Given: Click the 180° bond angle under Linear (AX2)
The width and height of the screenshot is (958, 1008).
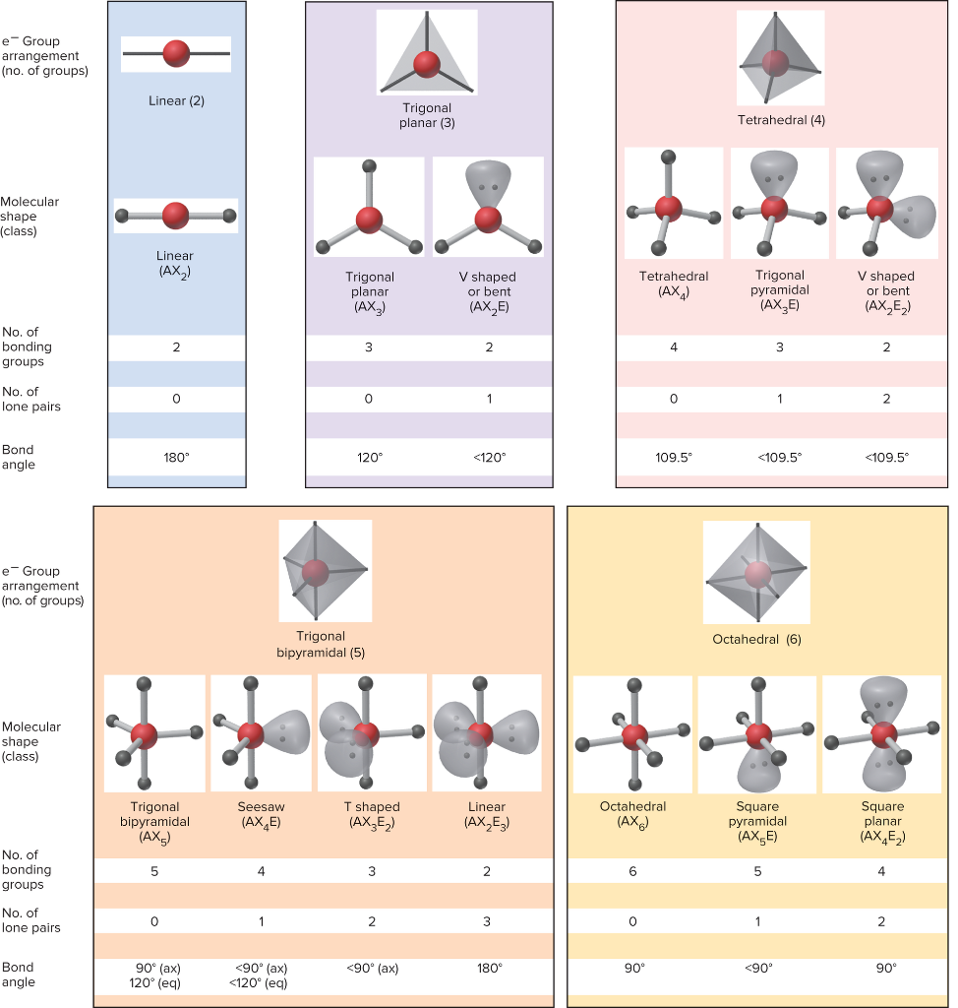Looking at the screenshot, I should pyautogui.click(x=176, y=457).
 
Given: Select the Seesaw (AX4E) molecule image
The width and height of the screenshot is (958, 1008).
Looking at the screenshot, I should pyautogui.click(x=261, y=733).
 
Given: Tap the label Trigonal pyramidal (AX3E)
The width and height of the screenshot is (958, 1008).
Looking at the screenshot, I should pyautogui.click(x=781, y=290).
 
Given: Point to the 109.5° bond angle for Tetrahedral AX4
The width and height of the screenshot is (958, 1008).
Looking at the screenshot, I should pyautogui.click(x=674, y=457).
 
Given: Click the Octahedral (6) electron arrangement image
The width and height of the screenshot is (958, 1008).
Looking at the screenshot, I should pyautogui.click(x=756, y=572).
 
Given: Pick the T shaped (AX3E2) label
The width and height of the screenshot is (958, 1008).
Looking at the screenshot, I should pyautogui.click(x=372, y=815).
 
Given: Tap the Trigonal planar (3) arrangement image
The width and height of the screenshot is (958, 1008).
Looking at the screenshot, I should pyautogui.click(x=427, y=53).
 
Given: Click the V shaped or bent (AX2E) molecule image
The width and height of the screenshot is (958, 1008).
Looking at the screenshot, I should pyautogui.click(x=488, y=207).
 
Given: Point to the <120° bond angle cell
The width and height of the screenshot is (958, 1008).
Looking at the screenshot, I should pyautogui.click(x=488, y=457).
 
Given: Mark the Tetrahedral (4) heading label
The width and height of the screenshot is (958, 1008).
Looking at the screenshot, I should pyautogui.click(x=781, y=120).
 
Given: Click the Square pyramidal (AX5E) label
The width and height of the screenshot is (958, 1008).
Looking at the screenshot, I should pyautogui.click(x=756, y=822).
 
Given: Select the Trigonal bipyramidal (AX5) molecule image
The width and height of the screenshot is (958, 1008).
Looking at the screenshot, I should pyautogui.click(x=154, y=733).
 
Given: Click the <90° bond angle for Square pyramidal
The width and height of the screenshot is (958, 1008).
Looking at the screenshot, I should pyautogui.click(x=756, y=968).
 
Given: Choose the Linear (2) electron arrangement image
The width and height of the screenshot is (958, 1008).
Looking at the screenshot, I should pyautogui.click(x=176, y=53).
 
